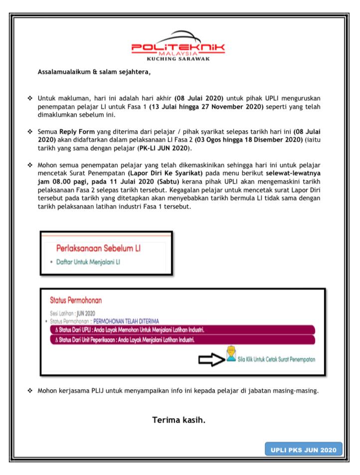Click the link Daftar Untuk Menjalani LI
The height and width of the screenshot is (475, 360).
[x=88, y=262]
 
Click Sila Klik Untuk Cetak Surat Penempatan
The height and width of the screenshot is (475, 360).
[x=276, y=359]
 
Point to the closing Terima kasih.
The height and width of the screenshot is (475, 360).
[x=179, y=420]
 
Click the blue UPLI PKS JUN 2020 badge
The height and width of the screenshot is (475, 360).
[x=304, y=450]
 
